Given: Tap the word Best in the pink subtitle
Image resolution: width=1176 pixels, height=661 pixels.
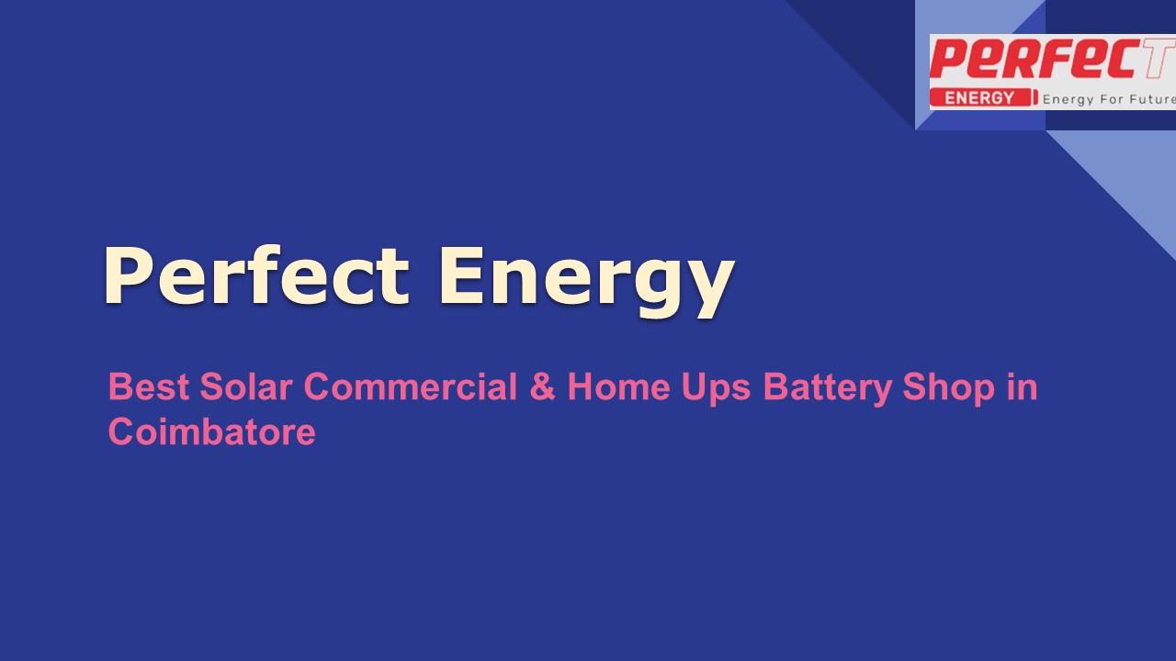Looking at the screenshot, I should pos(148,387).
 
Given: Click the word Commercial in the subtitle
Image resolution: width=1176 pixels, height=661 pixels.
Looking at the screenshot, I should pos(411,387).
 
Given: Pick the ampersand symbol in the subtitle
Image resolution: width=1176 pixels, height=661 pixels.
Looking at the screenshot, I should pos(542,387).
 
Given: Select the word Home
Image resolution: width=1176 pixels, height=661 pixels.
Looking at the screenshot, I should pos(617,387).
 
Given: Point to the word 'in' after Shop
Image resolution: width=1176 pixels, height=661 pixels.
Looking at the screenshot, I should pos(1022,387).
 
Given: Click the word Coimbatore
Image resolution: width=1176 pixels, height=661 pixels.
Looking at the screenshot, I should pos(211,431).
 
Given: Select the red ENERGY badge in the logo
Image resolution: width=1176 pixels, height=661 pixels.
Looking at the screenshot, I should pos(979,98).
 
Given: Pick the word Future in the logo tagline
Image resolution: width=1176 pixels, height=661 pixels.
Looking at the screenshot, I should pos(1152,98).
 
